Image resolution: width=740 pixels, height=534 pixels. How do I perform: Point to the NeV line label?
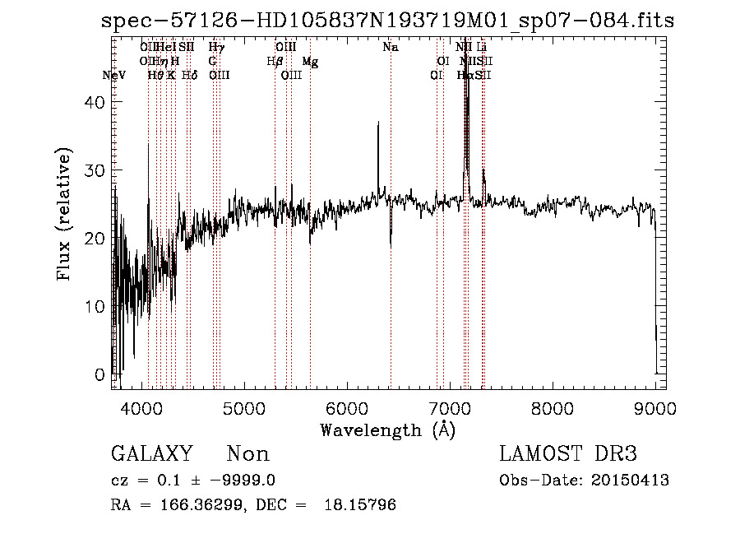click(114, 75)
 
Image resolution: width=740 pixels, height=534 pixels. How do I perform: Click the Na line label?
click(391, 48)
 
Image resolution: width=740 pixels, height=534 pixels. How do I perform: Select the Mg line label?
click(310, 62)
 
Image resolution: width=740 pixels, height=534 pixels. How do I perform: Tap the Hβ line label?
click(275, 62)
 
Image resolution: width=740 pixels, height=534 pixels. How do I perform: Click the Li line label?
click(483, 48)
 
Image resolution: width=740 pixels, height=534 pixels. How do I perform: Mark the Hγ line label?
click(216, 48)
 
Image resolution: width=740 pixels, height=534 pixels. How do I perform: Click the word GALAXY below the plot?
click(151, 454)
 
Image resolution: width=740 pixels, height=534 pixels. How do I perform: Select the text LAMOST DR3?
click(568, 454)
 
